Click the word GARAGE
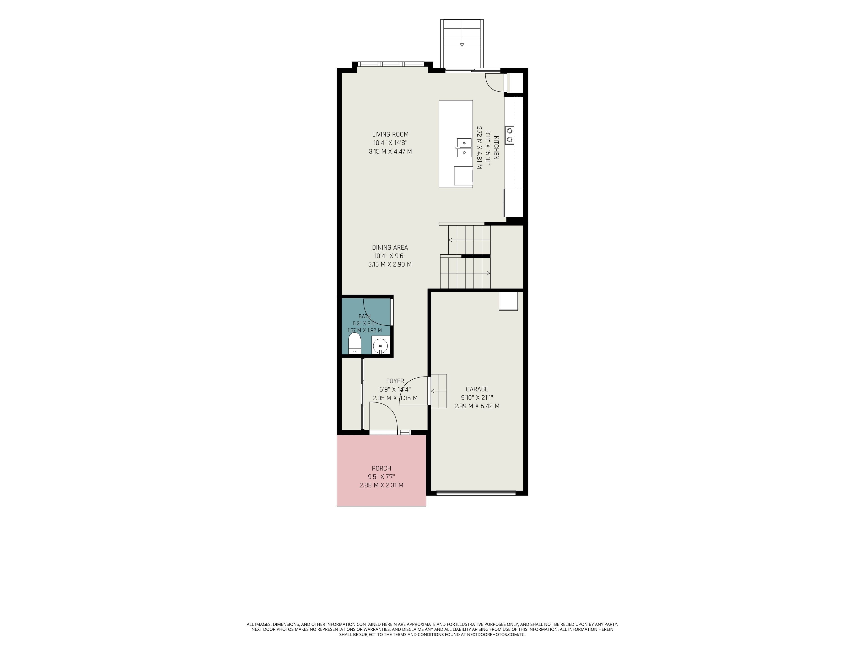[x=477, y=389]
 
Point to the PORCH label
[x=381, y=468]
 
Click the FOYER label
[x=395, y=381]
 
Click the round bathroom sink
[x=380, y=346]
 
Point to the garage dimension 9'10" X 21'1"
[x=477, y=398]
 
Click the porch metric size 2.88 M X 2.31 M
[x=381, y=485]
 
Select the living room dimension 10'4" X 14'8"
[x=390, y=143]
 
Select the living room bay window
[x=390, y=64]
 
